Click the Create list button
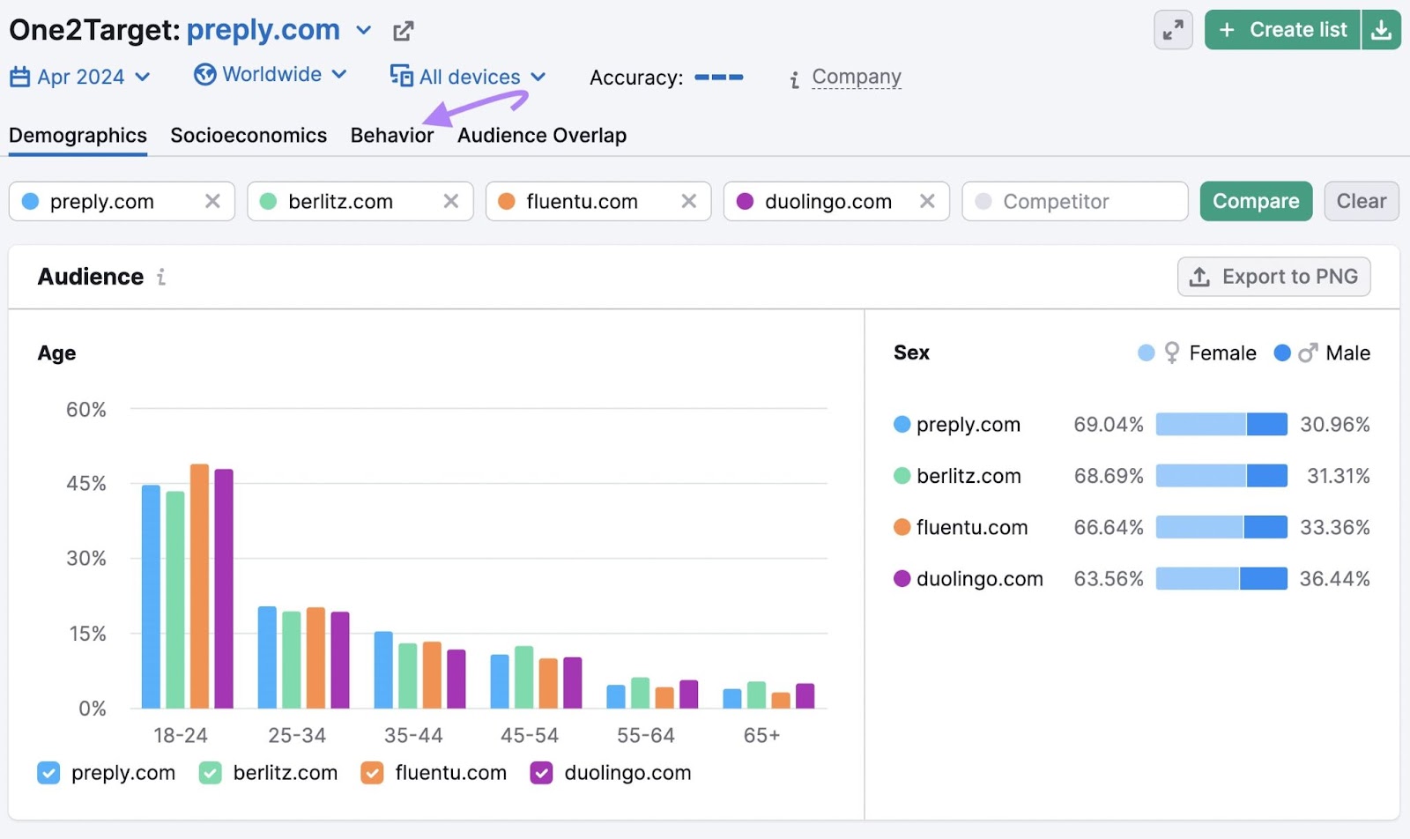pyautogui.click(x=1283, y=30)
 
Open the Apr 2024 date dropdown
pyautogui.click(x=80, y=78)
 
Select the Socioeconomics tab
pyautogui.click(x=249, y=136)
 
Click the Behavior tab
pyautogui.click(x=392, y=136)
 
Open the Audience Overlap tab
pyautogui.click(x=542, y=136)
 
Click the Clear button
pyautogui.click(x=1361, y=202)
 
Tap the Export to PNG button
pyautogui.click(x=1273, y=277)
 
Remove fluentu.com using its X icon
pyautogui.click(x=689, y=202)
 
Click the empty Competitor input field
pyautogui.click(x=1075, y=202)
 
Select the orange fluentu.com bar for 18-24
pyautogui.click(x=200, y=586)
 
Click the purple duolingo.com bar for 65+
pyautogui.click(x=805, y=696)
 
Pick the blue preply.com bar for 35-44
pyautogui.click(x=383, y=670)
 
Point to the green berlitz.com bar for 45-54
pyautogui.click(x=524, y=677)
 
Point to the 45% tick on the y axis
pyautogui.click(x=86, y=484)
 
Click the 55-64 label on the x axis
pyautogui.click(x=646, y=736)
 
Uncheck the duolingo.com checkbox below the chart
pyautogui.click(x=541, y=773)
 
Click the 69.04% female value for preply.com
pyautogui.click(x=1108, y=425)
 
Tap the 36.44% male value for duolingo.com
pyautogui.click(x=1334, y=579)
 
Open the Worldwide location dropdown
pyautogui.click(x=271, y=75)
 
